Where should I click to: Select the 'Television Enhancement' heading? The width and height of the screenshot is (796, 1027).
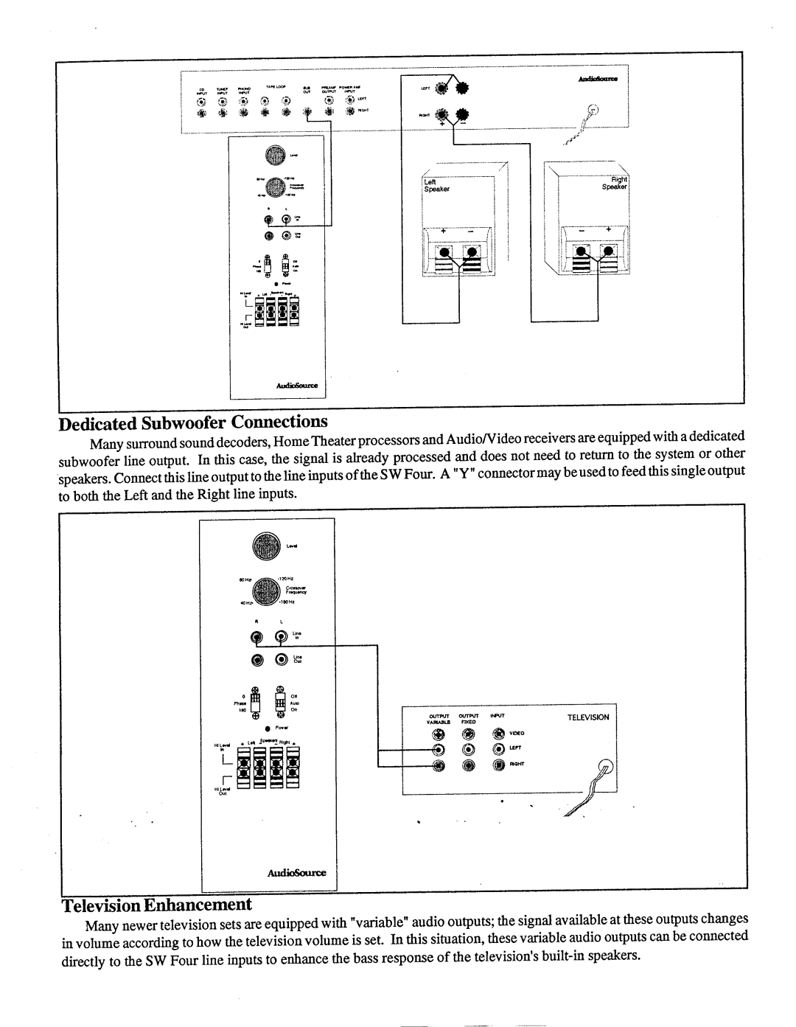[x=156, y=905]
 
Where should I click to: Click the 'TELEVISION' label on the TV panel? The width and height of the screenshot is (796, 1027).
[x=587, y=717]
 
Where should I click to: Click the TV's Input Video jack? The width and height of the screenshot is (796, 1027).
[x=498, y=734]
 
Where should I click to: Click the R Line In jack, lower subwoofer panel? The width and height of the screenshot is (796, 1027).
[x=257, y=637]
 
